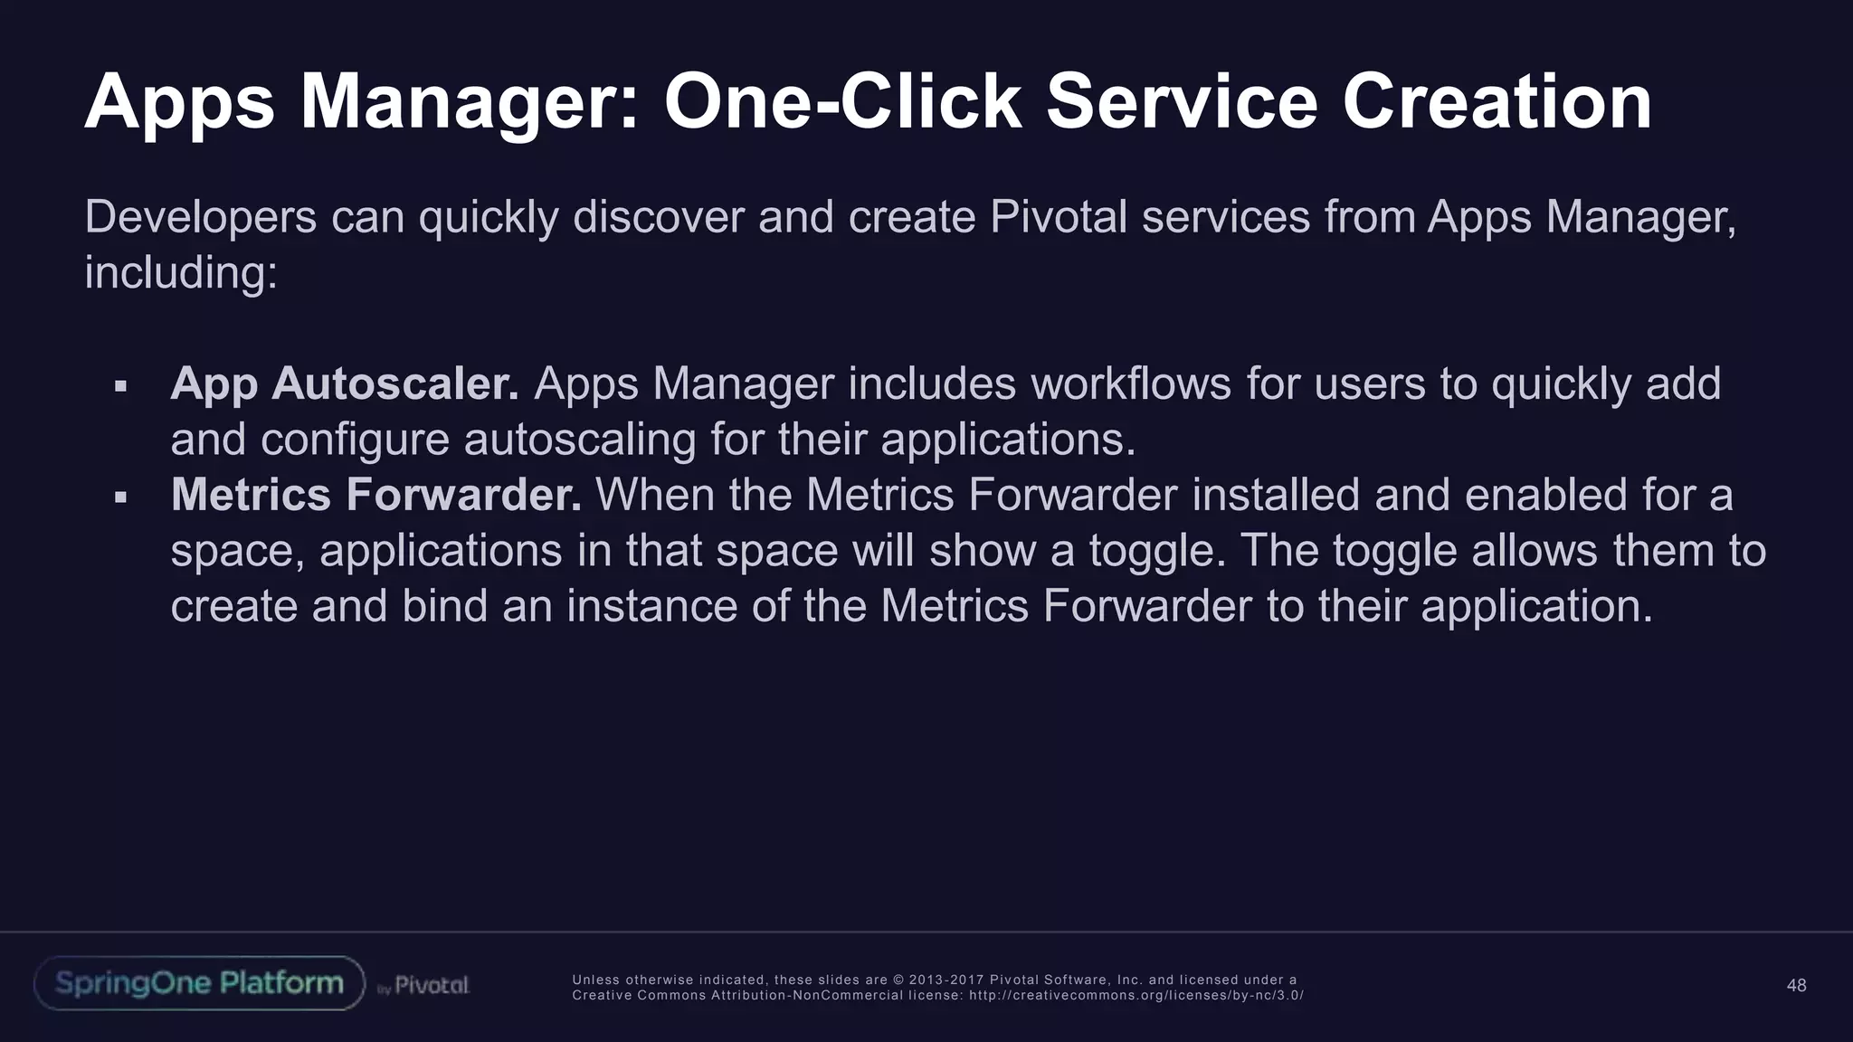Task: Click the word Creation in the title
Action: tap(1497, 102)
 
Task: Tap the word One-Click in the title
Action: tap(842, 102)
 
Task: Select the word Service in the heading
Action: tap(1182, 102)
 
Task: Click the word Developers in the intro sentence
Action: tap(200, 218)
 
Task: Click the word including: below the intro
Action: tap(180, 273)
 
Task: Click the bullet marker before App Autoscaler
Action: tap(120, 387)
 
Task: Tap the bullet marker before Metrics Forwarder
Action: tap(120, 497)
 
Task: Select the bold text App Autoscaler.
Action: tap(345, 384)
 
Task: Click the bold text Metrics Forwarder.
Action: tap(375, 495)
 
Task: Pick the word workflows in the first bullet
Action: tap(1130, 384)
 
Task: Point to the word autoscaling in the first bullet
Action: tap(579, 440)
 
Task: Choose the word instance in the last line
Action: tap(651, 606)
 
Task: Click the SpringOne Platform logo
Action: tap(199, 983)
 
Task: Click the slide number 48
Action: tap(1796, 985)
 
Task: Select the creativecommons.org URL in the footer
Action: tap(1136, 995)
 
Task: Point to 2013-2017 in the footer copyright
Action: tap(946, 980)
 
